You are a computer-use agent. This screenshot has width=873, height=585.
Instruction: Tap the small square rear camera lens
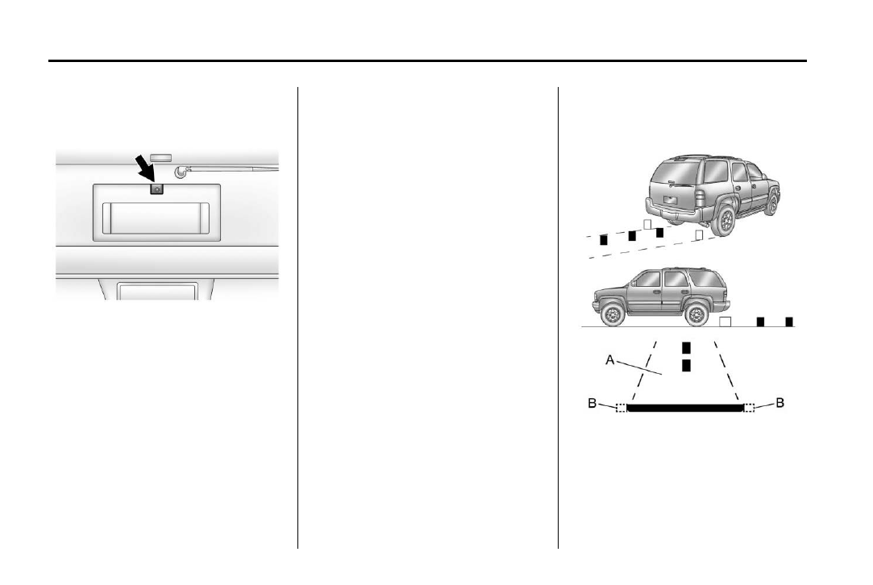157,189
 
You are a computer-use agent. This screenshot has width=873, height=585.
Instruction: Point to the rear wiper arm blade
234,169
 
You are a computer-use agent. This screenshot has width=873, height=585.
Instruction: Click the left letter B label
593,402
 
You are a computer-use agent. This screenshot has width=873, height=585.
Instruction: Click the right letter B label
779,402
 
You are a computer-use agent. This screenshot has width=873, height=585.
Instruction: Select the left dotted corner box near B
621,409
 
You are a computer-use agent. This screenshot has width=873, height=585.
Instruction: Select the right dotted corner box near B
749,409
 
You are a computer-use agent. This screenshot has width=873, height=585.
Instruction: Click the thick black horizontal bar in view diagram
684,409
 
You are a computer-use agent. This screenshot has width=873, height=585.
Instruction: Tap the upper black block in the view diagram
686,348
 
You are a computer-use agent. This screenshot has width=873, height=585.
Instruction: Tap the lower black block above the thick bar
686,367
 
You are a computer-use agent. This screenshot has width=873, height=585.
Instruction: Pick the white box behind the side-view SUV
725,322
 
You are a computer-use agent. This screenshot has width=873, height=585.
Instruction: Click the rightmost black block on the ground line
789,322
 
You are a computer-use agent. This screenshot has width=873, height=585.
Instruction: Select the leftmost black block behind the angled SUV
603,239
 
